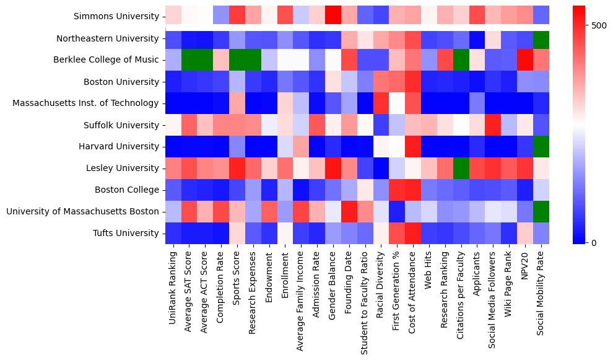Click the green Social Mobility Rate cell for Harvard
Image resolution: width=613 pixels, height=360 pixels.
point(542,147)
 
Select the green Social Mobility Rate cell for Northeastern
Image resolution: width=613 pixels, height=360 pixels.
point(542,38)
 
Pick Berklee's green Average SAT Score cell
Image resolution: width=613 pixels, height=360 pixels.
point(190,60)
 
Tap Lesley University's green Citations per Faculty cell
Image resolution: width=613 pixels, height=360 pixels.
point(461,169)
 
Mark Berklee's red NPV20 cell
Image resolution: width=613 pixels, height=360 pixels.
point(526,60)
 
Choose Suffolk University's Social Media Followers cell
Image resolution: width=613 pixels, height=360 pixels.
point(493,125)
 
